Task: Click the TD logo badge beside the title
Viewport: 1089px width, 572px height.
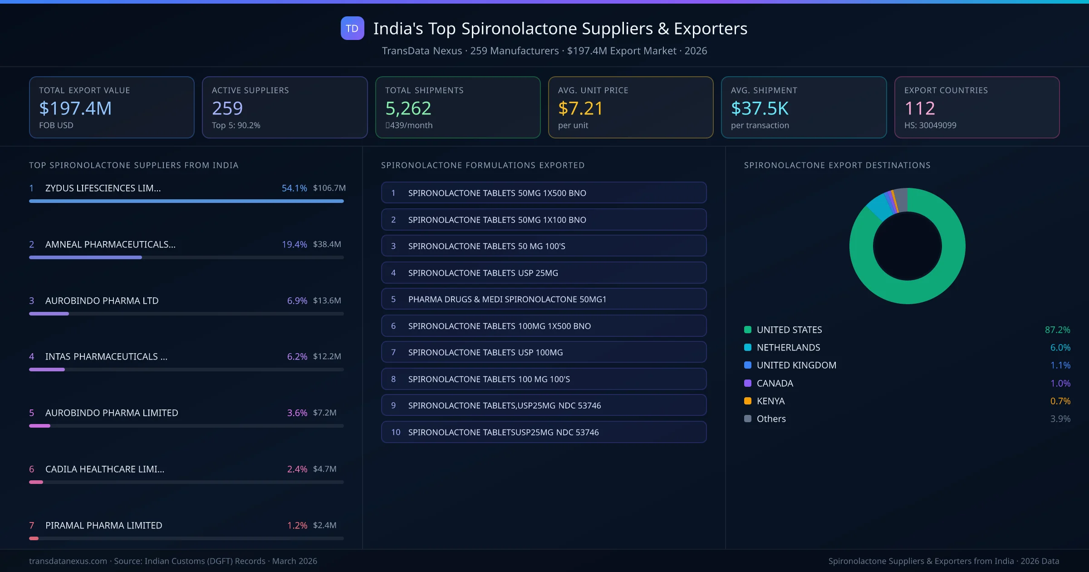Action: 352,28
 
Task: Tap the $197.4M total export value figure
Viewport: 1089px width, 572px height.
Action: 75,108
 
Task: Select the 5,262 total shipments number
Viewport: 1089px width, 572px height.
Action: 408,108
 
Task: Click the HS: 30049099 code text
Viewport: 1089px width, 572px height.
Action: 930,125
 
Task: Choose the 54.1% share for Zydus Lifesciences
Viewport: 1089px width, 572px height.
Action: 294,188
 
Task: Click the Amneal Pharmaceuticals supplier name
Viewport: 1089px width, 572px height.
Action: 110,244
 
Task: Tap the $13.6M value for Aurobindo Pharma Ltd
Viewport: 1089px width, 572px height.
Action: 327,301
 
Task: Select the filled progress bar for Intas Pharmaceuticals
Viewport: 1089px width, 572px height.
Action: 47,370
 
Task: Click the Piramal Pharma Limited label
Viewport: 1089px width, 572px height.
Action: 103,525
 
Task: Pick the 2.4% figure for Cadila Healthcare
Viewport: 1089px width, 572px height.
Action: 297,469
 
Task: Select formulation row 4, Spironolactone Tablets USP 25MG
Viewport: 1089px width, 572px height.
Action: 544,273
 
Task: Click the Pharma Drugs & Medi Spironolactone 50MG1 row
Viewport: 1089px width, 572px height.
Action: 544,299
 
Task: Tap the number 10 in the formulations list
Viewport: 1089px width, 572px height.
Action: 396,432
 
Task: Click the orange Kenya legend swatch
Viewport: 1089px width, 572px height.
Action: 748,401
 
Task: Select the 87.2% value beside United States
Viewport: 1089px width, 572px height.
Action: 1057,330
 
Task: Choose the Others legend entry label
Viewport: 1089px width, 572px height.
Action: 771,419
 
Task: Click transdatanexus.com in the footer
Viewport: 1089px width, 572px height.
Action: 68,561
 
